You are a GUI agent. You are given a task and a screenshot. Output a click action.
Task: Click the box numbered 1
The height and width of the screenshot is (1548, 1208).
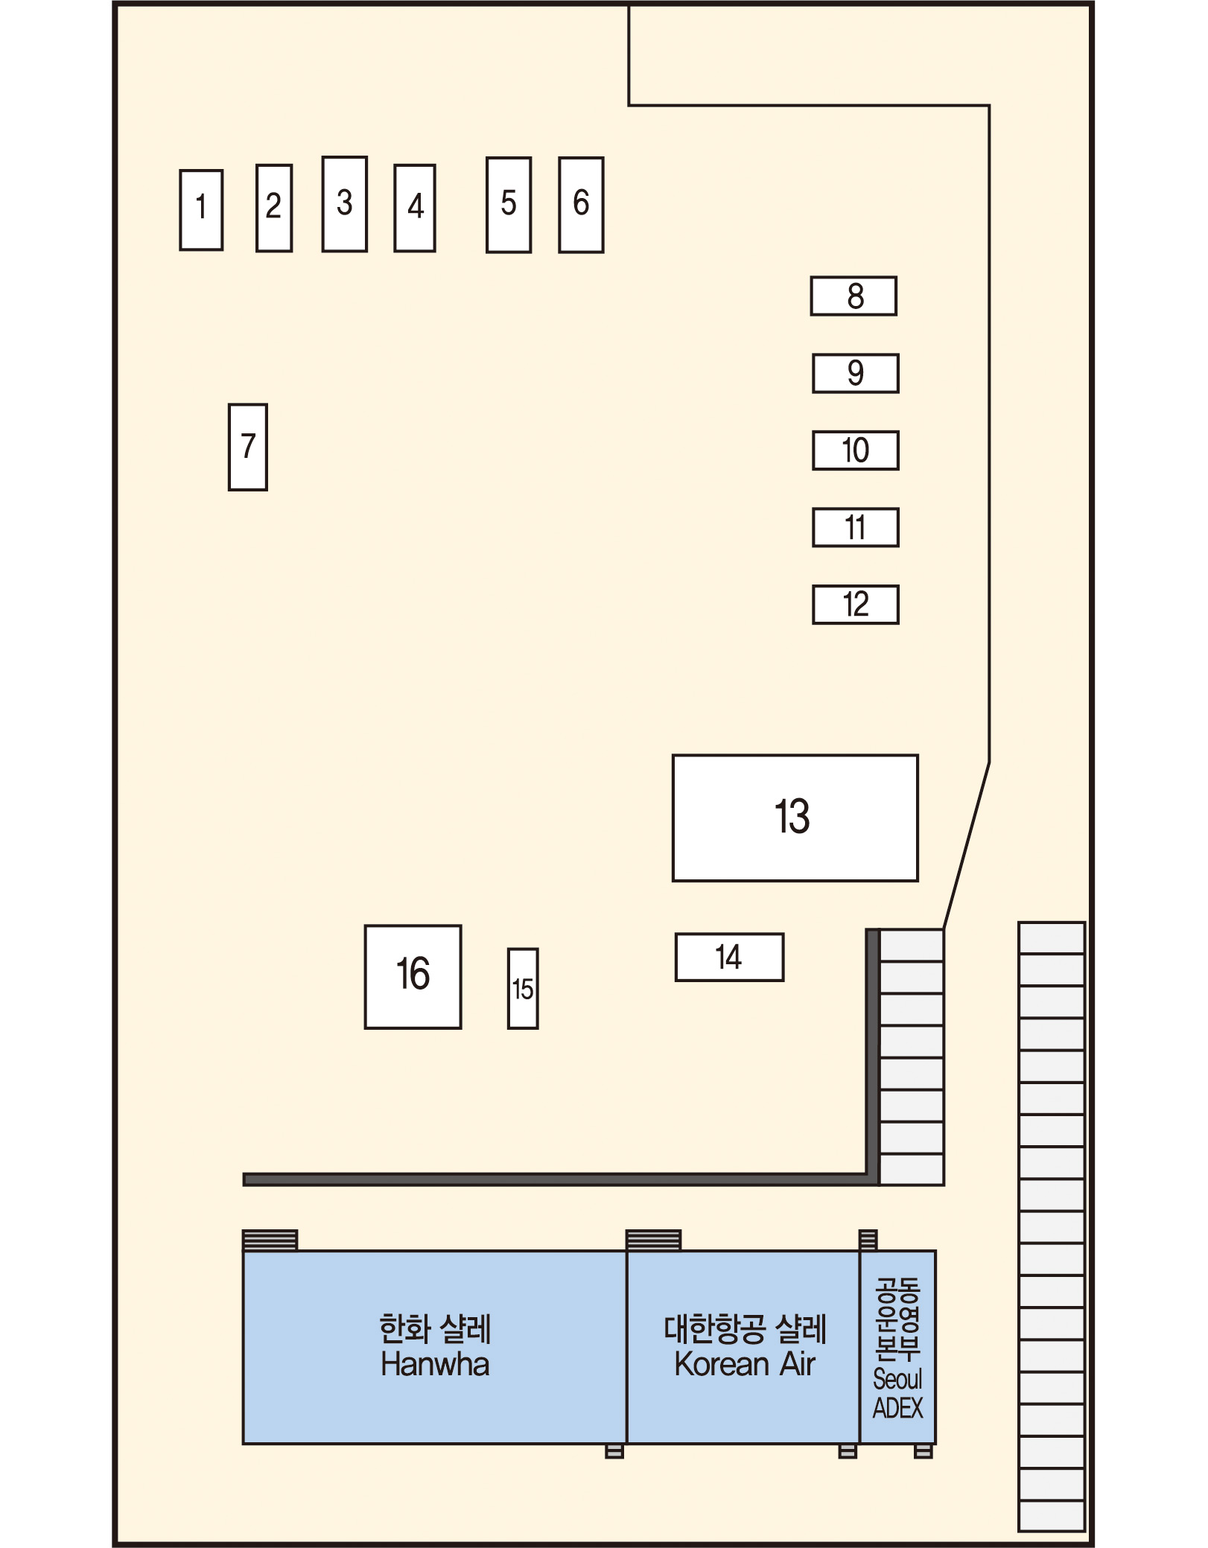[201, 210]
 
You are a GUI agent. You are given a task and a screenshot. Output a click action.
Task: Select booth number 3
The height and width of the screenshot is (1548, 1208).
[344, 204]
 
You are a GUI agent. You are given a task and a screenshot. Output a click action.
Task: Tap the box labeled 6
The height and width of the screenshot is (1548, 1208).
[581, 205]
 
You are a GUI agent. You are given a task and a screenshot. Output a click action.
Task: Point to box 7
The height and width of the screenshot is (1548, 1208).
[248, 447]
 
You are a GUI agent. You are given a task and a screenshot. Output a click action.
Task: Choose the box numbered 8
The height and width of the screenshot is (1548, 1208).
[853, 296]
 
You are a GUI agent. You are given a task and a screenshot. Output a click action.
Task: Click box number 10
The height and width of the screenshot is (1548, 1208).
[856, 450]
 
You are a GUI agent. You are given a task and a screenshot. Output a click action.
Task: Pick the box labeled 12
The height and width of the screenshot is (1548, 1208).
[856, 605]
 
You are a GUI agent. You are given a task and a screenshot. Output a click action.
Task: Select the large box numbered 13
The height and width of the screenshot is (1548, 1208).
[795, 818]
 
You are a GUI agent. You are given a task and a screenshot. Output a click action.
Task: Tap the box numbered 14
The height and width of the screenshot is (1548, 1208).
[730, 958]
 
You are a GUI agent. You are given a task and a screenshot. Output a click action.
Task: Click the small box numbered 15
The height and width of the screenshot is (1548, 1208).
[523, 989]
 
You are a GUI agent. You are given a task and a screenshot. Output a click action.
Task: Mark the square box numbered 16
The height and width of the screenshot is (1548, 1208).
[413, 977]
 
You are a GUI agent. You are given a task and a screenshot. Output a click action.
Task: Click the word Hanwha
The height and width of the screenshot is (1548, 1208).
[435, 1364]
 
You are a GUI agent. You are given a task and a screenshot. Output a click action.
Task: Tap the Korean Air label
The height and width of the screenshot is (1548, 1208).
[745, 1364]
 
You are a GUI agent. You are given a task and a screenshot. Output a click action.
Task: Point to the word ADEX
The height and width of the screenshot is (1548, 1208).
[897, 1408]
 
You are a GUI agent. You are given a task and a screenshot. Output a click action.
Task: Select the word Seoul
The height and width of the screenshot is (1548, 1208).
[897, 1379]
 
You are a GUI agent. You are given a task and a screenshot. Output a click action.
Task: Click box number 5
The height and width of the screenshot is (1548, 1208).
[509, 205]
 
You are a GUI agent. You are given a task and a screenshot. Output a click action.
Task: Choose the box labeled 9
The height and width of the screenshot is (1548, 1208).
[856, 373]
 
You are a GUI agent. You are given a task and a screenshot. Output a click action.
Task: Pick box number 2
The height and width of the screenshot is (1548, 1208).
[274, 208]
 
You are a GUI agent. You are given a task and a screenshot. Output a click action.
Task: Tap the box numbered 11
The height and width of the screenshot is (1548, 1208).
[856, 527]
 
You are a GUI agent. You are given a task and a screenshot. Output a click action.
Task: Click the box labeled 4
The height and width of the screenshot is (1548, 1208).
[415, 208]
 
